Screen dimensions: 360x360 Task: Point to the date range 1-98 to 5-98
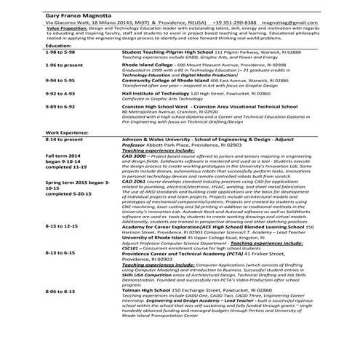(60, 52)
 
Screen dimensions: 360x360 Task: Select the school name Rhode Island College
(146, 65)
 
